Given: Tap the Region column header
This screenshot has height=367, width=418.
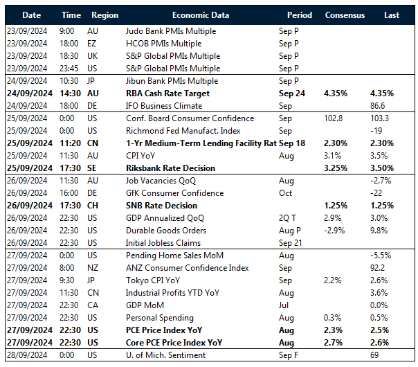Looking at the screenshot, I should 104,15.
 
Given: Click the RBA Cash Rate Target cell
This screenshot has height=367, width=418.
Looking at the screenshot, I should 167,93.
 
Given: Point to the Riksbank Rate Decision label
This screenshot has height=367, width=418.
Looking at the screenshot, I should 170,168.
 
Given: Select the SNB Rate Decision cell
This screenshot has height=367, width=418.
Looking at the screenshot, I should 161,206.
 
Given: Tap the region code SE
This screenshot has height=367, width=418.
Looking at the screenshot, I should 93,168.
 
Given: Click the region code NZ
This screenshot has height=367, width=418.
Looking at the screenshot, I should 93,268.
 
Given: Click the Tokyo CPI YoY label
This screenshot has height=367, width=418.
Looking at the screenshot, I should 154,280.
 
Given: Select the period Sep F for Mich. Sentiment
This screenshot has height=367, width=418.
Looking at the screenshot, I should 289,355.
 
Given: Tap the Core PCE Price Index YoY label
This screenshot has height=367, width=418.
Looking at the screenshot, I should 174,343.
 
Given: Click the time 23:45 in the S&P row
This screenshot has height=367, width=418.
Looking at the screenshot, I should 67,69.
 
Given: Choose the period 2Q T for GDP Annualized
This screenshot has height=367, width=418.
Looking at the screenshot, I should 289,218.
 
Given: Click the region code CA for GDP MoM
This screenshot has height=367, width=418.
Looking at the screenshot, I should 93,305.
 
